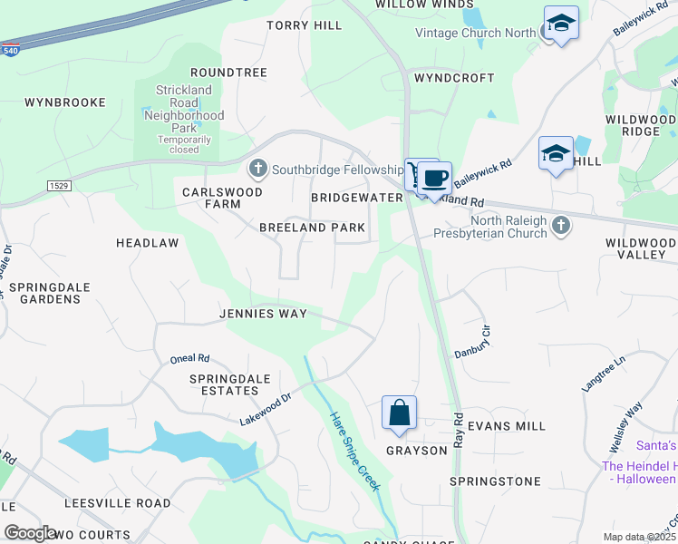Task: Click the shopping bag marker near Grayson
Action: tap(399, 413)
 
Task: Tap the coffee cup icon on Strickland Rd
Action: tap(435, 177)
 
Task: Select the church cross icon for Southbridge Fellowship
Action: tap(258, 170)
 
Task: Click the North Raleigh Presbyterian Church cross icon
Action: tap(561, 227)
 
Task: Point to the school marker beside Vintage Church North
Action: tap(561, 23)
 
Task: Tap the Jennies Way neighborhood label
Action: tap(263, 314)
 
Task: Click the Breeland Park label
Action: tap(312, 228)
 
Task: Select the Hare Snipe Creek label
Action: tap(354, 451)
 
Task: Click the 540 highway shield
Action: tap(10, 51)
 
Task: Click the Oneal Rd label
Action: tap(190, 359)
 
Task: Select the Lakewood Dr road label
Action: tap(265, 409)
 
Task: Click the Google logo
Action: tap(30, 533)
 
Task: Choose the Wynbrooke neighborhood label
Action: tap(65, 102)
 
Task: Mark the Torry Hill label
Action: tap(305, 25)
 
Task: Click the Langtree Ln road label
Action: tap(604, 373)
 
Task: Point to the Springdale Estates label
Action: tap(224, 384)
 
